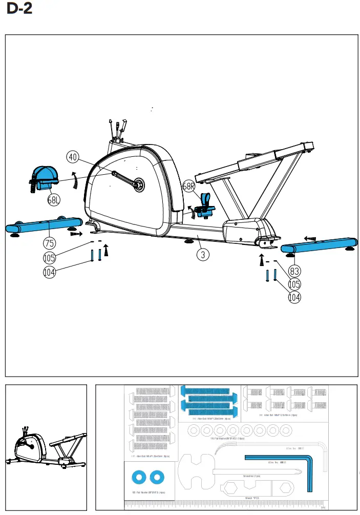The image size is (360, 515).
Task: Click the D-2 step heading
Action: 20,9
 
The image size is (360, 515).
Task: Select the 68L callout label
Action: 54,200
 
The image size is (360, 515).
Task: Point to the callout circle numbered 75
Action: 49,242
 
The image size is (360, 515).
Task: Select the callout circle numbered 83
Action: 295,270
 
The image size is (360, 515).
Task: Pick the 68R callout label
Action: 189,186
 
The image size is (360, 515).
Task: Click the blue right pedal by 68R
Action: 205,205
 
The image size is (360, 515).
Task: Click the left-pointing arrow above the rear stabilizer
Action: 309,238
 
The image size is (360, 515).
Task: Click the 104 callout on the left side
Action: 49,273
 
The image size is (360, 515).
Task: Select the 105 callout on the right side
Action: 295,284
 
